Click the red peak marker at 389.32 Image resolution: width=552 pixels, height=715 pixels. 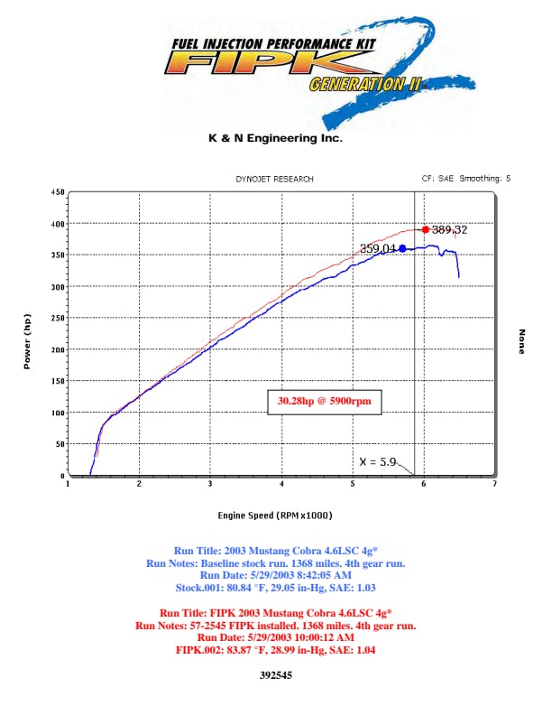click(426, 229)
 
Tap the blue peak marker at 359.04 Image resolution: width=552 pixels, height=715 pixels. click(402, 248)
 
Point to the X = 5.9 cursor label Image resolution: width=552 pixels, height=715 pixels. click(379, 461)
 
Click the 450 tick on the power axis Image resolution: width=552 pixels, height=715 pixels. click(58, 192)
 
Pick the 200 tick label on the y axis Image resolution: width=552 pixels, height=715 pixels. click(58, 349)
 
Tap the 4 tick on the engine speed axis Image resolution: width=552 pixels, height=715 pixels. click(281, 485)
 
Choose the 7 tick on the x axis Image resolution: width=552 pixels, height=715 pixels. click(494, 485)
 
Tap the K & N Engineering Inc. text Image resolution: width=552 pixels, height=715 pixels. click(275, 139)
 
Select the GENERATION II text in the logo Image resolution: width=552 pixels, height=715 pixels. click(357, 85)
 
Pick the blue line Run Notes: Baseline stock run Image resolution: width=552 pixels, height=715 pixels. click(276, 562)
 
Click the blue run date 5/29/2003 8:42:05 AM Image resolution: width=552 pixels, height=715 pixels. click(276, 574)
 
